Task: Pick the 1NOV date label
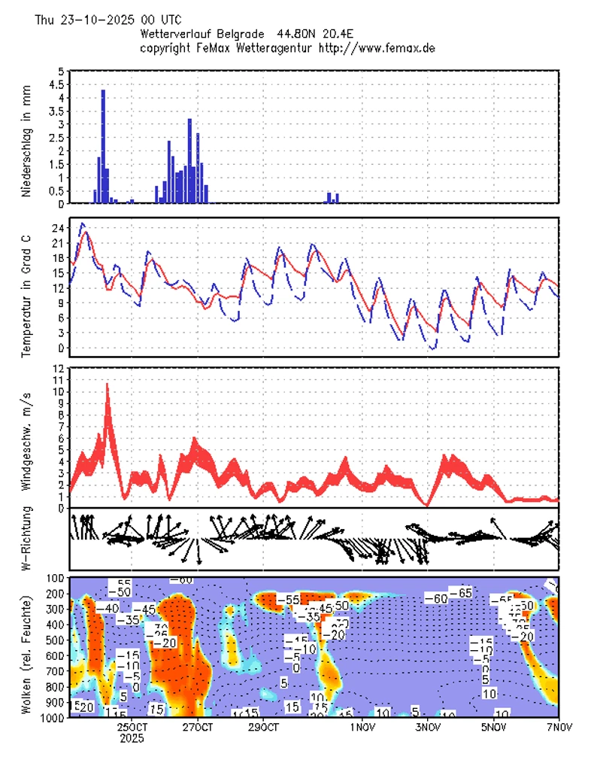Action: point(362,728)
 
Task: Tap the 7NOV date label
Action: point(559,728)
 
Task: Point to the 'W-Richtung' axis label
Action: point(26,539)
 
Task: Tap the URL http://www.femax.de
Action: point(377,47)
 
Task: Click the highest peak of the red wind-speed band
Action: point(107,385)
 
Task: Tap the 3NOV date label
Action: point(427,728)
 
